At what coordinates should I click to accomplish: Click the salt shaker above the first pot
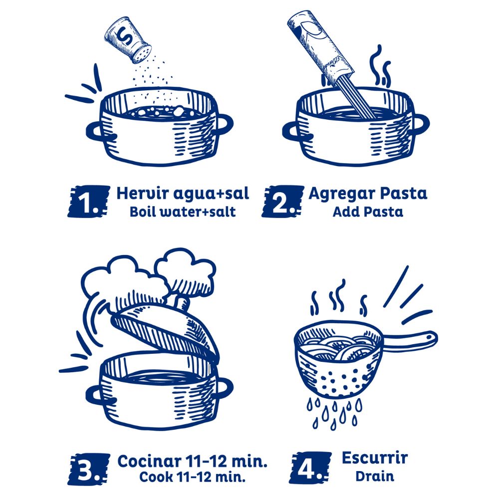coord(128,40)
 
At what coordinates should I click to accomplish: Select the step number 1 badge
coord(88,202)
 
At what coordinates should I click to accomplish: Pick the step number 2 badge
coord(282,202)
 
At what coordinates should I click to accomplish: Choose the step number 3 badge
coord(88,469)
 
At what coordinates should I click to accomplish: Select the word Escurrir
coord(375,458)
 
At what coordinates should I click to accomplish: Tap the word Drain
coord(375,476)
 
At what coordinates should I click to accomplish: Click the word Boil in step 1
coord(143,212)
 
